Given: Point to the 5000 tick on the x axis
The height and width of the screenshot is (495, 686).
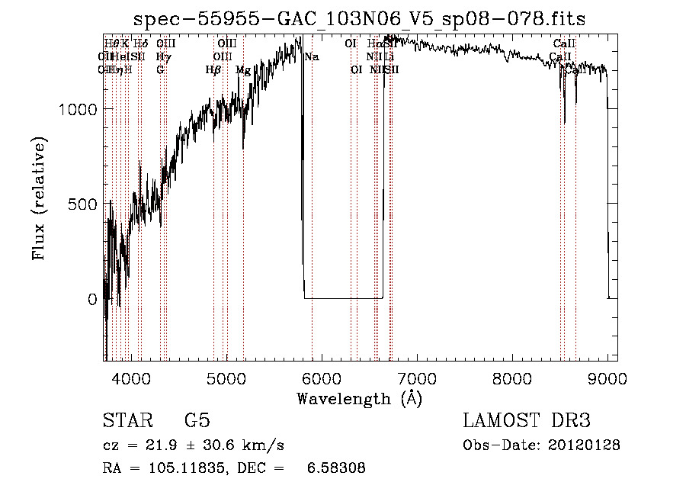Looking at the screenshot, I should (x=226, y=378).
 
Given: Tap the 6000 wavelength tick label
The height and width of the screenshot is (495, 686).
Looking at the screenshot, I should (x=322, y=378).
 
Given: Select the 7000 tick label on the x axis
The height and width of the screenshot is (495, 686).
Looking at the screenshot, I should (x=417, y=378).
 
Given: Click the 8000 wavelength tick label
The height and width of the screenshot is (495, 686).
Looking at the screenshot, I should (x=512, y=378).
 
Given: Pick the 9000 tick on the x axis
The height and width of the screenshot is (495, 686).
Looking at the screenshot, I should (x=607, y=378).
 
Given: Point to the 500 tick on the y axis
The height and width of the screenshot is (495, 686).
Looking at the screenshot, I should (x=85, y=204).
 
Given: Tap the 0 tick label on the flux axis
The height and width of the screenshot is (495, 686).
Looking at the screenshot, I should (x=93, y=300).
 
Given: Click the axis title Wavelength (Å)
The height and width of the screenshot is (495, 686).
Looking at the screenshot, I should (x=359, y=398).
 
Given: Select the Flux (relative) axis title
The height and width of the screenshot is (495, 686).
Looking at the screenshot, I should (x=39, y=198).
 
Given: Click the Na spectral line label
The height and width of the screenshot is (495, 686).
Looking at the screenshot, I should (x=312, y=57).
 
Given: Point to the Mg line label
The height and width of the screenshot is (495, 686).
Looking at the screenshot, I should (x=243, y=69).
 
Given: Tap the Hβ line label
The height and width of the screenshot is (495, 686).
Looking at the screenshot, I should (x=213, y=69).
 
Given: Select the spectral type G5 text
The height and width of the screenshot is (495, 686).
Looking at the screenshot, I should (x=197, y=421).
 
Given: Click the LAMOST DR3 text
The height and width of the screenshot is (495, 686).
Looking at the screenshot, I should (x=526, y=421).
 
